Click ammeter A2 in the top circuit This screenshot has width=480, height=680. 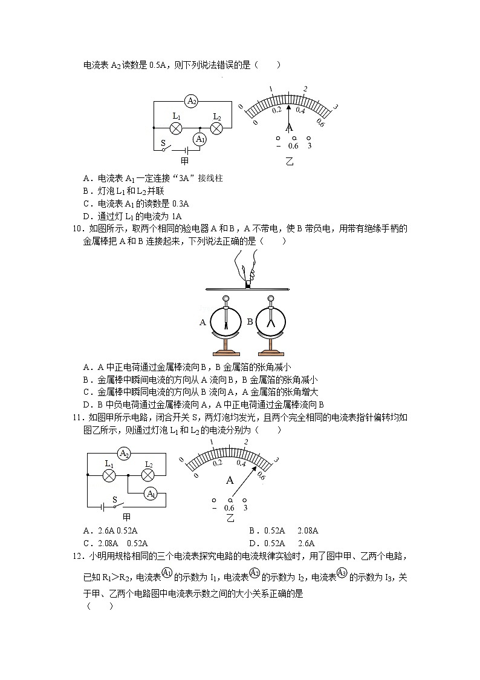coord(192,101)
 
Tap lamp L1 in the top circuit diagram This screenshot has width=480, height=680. coord(176,128)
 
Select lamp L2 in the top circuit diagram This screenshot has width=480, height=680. coord(217,128)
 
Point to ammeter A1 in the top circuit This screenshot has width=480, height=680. coord(199,139)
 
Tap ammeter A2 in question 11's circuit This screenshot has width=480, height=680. coord(124,454)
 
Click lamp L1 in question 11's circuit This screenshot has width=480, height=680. coord(109,475)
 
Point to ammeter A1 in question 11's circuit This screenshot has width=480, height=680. coord(151,494)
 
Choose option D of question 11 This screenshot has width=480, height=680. coord(253,543)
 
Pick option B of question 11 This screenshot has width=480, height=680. coord(253,531)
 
